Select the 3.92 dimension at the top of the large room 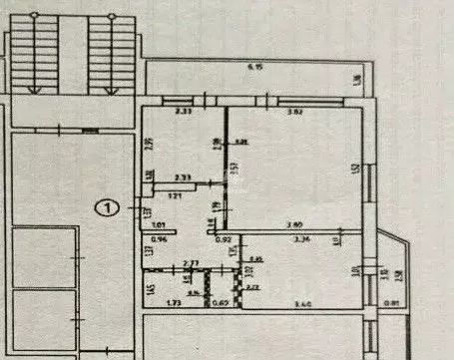pos(295,111)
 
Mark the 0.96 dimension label pos(157,240)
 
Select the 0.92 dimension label pos(225,240)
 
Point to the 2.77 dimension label pos(193,261)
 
